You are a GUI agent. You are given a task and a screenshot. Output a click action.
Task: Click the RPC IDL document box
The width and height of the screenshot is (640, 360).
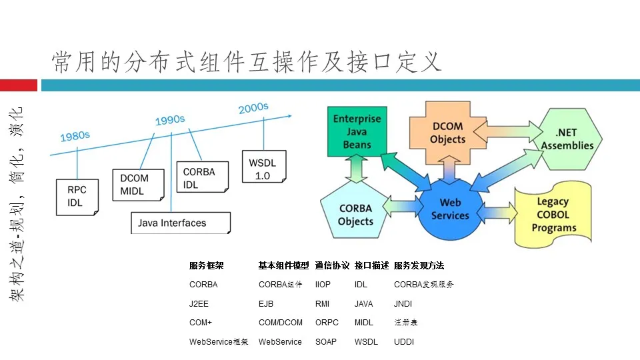coord(77,196)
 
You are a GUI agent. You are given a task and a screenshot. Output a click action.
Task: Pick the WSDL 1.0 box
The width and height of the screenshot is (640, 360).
coord(263,169)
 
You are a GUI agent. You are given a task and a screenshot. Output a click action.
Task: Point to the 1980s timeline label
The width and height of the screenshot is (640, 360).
coord(75,136)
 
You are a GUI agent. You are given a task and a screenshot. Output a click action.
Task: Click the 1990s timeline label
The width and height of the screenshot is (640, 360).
coord(170,120)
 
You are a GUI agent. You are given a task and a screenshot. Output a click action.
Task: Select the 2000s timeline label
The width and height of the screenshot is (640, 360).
coord(253,108)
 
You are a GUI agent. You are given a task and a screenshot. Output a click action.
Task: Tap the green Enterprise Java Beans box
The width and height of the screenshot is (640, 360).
coord(357,132)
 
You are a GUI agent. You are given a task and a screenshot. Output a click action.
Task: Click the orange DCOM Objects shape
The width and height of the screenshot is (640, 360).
coord(447,133)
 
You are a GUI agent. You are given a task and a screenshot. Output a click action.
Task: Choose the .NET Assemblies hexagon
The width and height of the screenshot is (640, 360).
coord(567,139)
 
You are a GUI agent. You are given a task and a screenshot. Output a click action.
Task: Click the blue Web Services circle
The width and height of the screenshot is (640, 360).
coord(450,209)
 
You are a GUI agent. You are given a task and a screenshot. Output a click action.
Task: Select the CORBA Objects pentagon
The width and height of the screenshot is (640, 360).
coord(355,214)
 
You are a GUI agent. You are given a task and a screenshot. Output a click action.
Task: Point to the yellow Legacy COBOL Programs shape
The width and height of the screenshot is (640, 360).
coord(553,214)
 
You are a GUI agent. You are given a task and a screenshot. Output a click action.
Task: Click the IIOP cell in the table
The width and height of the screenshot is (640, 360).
coord(323,285)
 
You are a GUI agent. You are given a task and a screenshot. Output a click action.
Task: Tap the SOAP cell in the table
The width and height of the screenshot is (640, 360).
coord(326,342)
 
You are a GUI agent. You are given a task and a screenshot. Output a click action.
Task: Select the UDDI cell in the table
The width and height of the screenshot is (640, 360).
coord(404,342)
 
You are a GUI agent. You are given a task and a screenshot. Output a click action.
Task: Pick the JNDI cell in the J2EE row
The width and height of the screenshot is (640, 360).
coord(403,304)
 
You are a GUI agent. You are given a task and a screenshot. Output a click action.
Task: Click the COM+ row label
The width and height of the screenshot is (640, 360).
coord(201,323)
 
